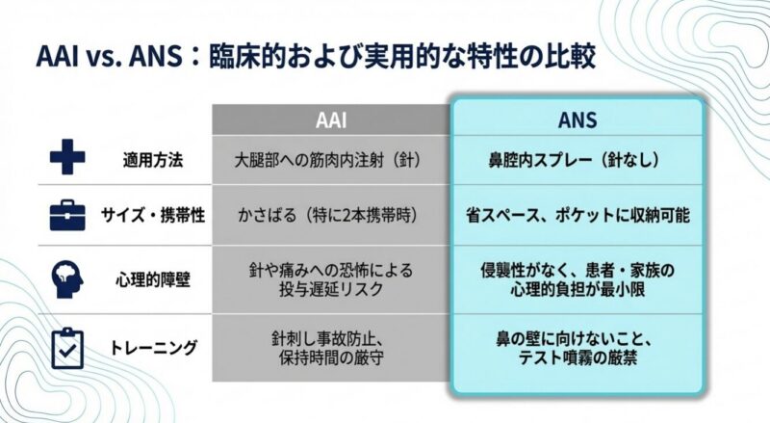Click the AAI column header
click(x=330, y=121)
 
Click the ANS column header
click(x=577, y=121)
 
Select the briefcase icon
click(x=66, y=215)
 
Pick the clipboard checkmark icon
click(x=66, y=347)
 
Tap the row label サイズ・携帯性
click(x=153, y=215)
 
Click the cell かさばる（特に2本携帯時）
click(x=329, y=215)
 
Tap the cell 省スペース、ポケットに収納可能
click(x=577, y=215)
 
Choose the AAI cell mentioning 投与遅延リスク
click(x=329, y=280)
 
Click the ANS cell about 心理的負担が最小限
click(x=577, y=280)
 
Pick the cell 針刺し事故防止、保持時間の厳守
click(x=329, y=348)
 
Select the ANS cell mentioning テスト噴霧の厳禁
click(x=577, y=348)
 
